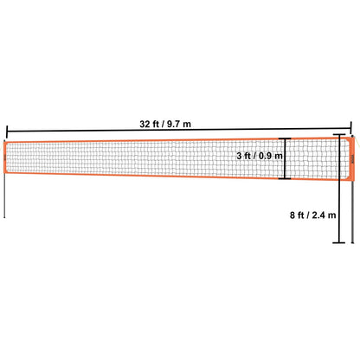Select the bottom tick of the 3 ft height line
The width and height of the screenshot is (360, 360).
coord(283,179)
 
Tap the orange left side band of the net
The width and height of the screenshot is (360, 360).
coord(8,161)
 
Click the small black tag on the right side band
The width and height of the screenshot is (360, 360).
coord(350,159)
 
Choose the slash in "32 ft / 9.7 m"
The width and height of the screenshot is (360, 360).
coord(174,124)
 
